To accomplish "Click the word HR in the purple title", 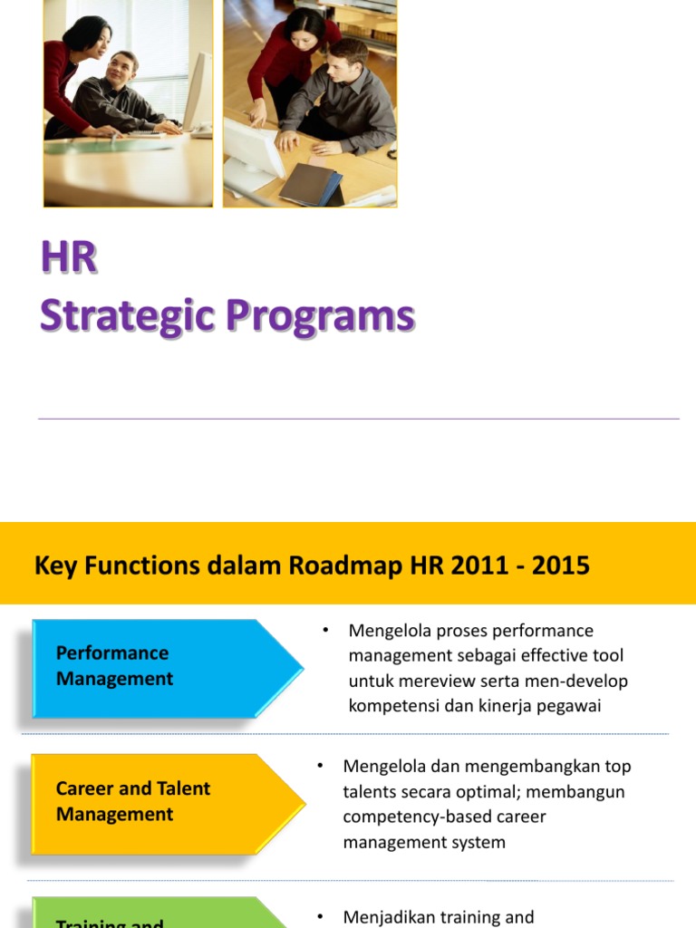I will pyautogui.click(x=68, y=258).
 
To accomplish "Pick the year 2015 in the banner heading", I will pyautogui.click(x=561, y=566).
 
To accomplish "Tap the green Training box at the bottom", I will pyautogui.click(x=154, y=915).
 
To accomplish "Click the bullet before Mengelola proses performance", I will pyautogui.click(x=324, y=630).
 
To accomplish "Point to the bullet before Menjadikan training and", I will pyautogui.click(x=320, y=917).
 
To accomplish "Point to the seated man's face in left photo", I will pyautogui.click(x=121, y=68).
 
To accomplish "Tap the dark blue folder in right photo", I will pyautogui.click(x=311, y=184).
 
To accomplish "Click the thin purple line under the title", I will pyautogui.click(x=358, y=419).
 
